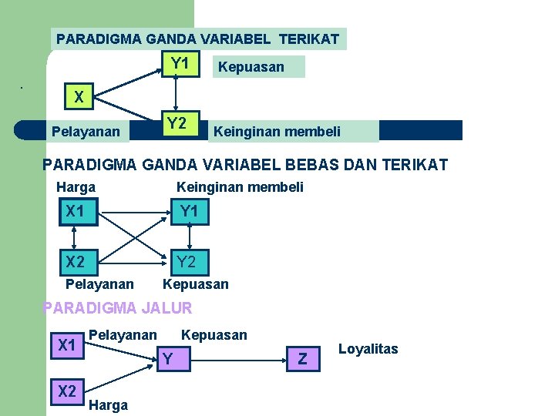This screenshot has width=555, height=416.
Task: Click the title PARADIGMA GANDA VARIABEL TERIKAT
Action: [x=198, y=39]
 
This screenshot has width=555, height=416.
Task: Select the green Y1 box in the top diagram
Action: [x=180, y=64]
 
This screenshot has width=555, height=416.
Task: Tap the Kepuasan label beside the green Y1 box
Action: [x=251, y=67]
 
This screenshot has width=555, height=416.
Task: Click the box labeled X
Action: [x=79, y=97]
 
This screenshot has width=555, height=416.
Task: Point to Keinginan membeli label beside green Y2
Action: [x=277, y=132]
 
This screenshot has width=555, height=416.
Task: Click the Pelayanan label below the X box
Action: [x=86, y=132]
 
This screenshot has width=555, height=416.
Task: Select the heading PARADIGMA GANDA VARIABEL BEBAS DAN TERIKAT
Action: [x=245, y=164]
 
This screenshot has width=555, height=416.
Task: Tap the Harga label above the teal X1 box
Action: [x=76, y=187]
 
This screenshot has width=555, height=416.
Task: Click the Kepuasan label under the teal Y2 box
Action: [x=196, y=284]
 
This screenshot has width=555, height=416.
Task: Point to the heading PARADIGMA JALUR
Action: [x=117, y=309]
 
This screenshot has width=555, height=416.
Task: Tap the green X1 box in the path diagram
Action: [x=67, y=346]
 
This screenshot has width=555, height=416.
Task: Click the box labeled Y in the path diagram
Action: [x=166, y=357]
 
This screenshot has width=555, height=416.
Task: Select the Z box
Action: [x=302, y=358]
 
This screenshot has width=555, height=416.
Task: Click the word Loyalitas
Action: [x=368, y=349]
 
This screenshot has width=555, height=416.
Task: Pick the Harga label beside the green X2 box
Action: [x=109, y=405]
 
